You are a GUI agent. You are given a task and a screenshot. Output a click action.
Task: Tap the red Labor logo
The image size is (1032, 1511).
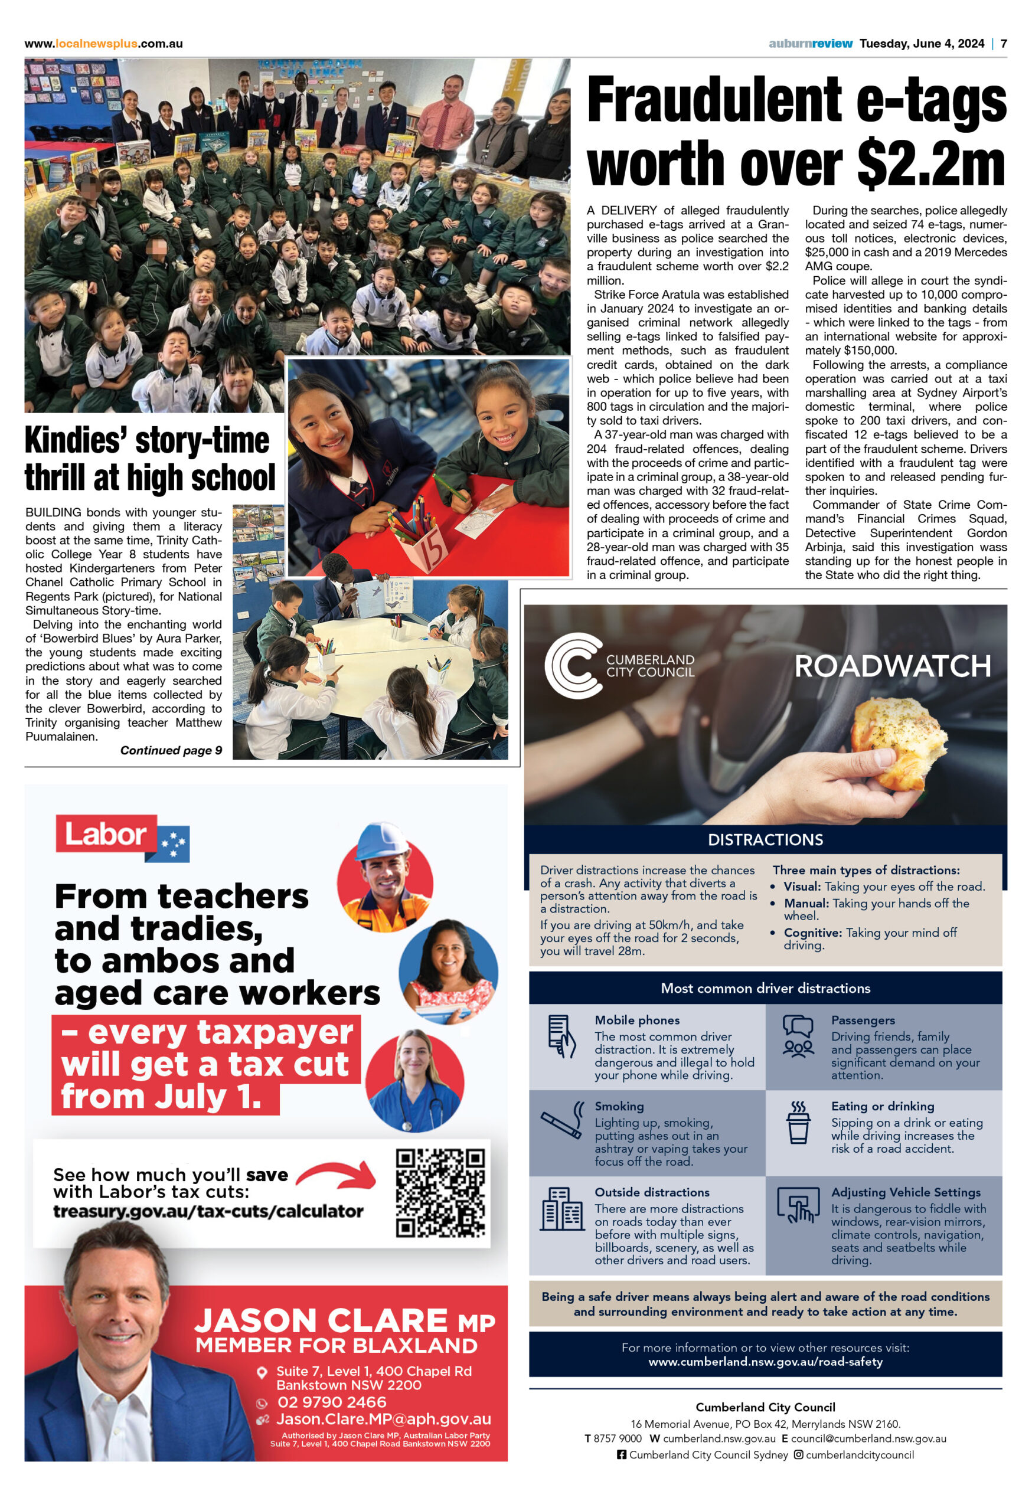pos(107,834)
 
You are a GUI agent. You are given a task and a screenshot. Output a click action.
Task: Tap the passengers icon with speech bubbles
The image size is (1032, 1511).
pos(798,1036)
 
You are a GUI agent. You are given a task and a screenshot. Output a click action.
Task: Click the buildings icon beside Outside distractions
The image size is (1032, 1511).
pos(561,1209)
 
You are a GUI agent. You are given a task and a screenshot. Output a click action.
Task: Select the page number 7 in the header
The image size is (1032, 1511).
pos(1004,44)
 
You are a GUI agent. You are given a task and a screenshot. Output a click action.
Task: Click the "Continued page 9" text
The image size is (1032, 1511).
pos(171,750)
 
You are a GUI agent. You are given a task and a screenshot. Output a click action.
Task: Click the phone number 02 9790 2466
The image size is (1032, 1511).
pos(332,1402)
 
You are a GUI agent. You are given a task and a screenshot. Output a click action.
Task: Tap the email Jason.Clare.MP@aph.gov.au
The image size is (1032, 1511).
pos(383,1420)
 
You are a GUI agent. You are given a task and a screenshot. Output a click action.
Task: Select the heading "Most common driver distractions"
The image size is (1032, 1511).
pos(765,988)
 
